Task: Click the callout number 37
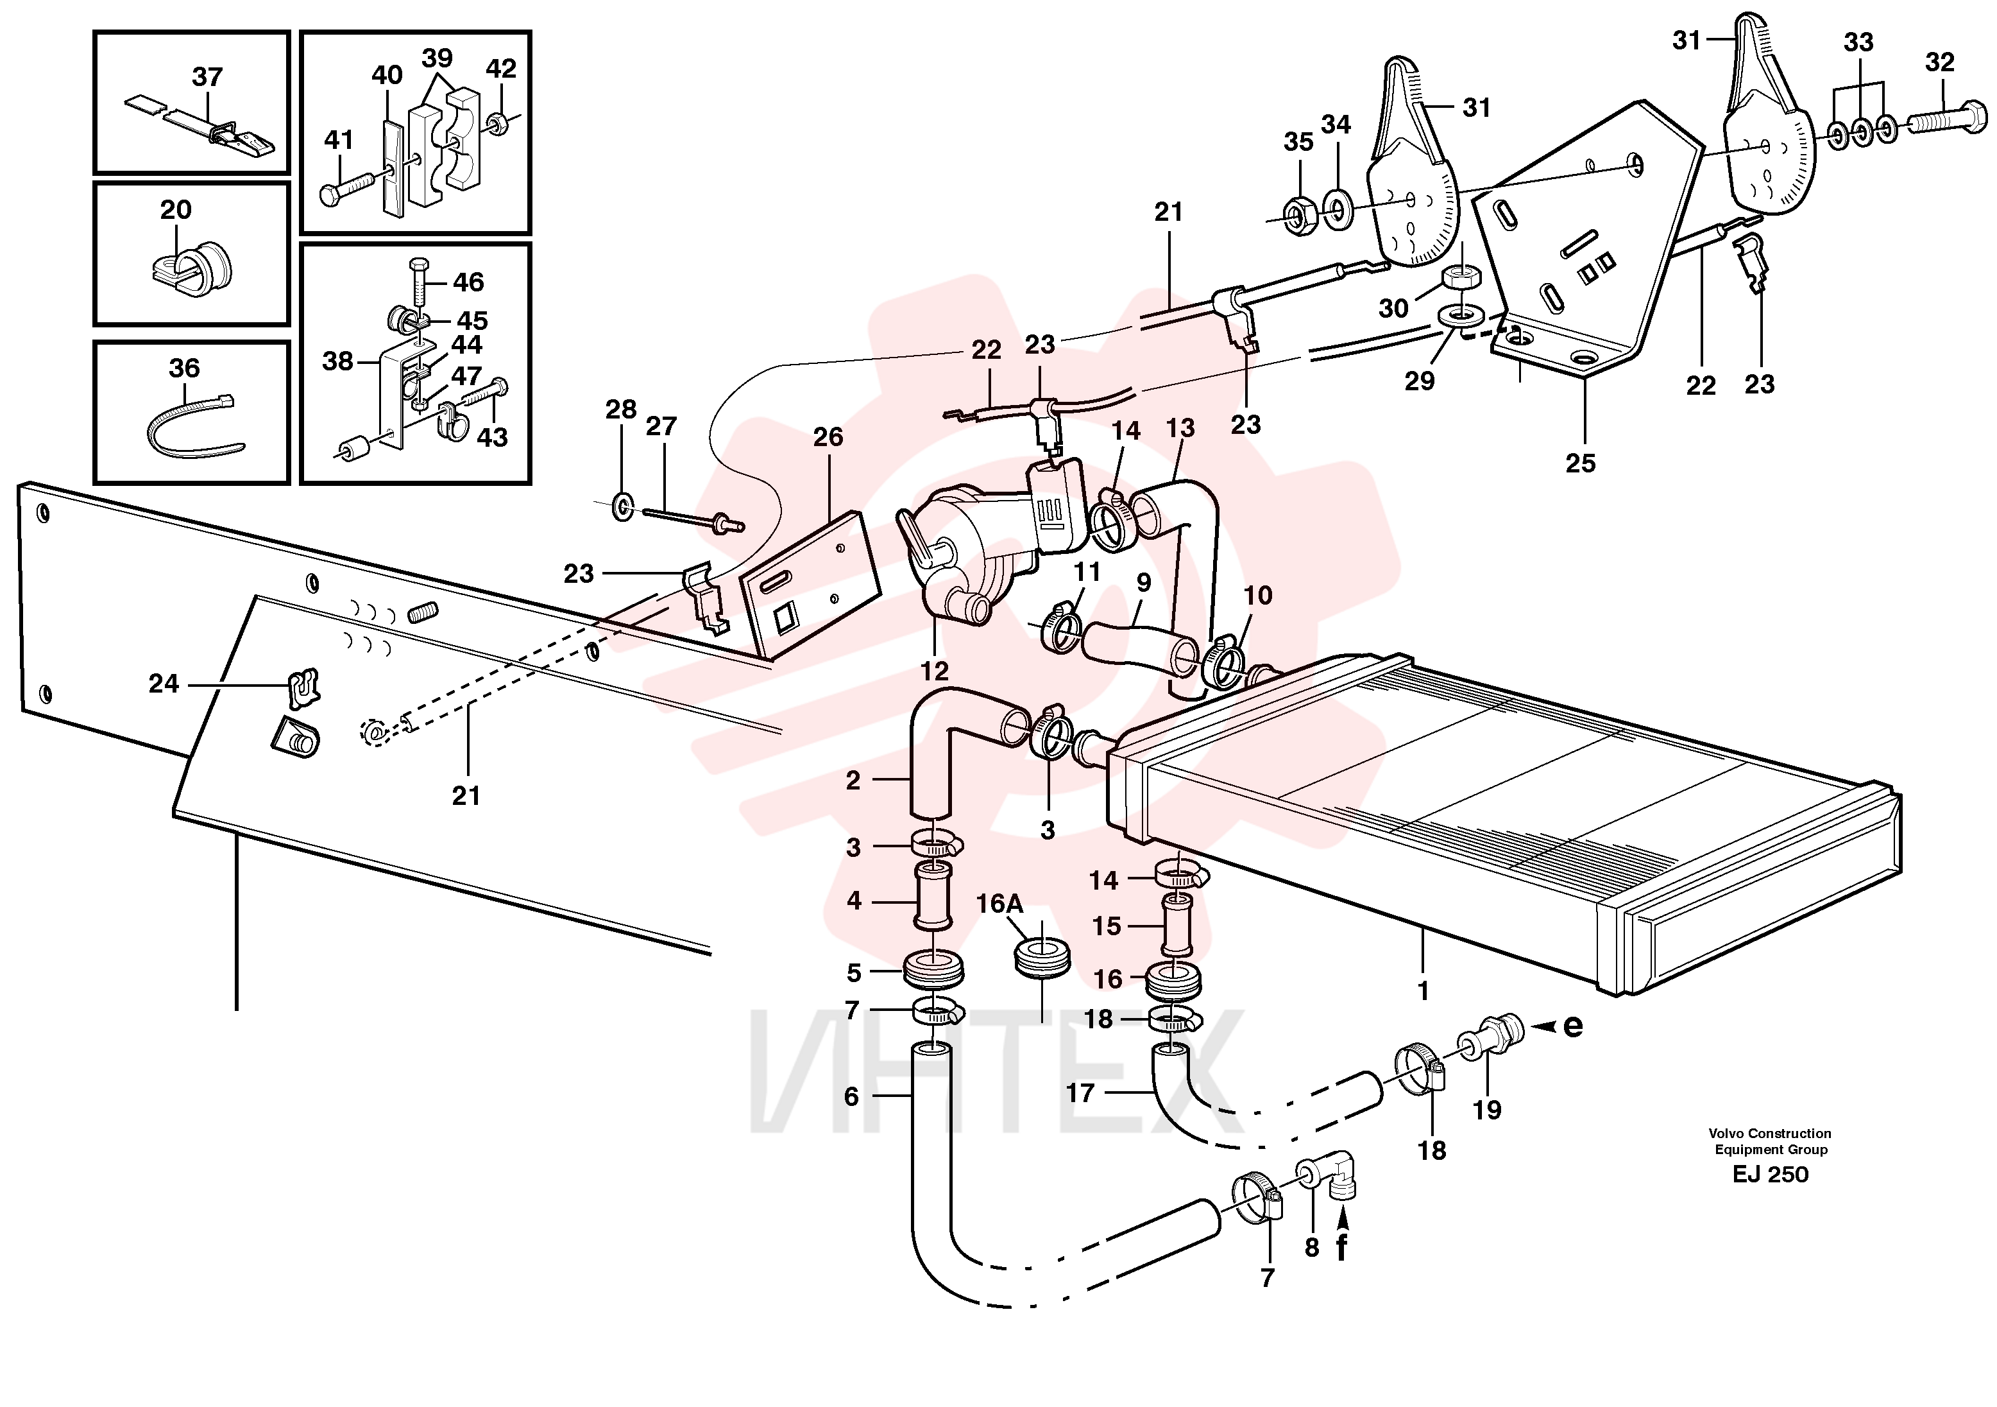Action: (207, 76)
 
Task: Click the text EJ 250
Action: (1770, 1175)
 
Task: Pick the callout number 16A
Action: (999, 903)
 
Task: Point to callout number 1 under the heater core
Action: (1423, 990)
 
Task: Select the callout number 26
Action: (828, 437)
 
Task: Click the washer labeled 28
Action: (623, 506)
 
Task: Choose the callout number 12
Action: (935, 671)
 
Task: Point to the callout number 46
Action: (468, 282)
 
